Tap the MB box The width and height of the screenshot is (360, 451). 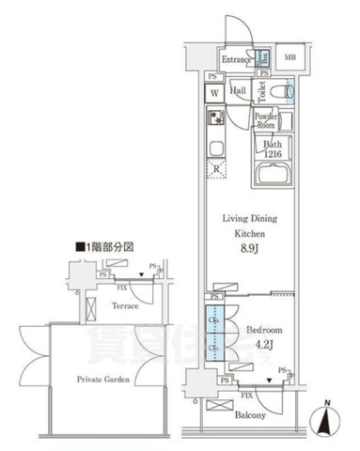pos(290,58)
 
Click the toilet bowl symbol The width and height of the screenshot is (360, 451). pos(289,91)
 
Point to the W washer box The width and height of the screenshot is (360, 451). pos(214,93)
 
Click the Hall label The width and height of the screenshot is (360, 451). pos(239,91)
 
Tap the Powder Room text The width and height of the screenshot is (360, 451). pos(265,120)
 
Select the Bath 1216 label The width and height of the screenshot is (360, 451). pos(272,148)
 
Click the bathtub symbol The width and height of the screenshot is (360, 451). pos(274,175)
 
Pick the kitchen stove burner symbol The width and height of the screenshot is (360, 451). pos(214,119)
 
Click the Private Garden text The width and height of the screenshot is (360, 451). pos(102,379)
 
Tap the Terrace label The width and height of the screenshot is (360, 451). pos(126,306)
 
